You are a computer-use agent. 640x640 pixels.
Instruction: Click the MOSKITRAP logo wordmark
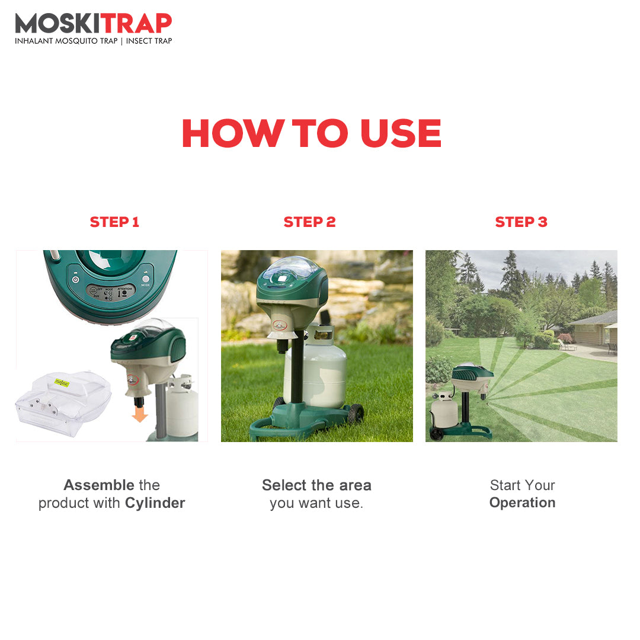coord(94,23)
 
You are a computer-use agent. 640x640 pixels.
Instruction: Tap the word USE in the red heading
coord(401,133)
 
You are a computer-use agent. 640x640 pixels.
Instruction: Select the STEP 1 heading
coord(114,222)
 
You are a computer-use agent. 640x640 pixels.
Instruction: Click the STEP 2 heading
coord(309,222)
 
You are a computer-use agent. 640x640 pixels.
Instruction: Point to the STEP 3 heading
coord(521,222)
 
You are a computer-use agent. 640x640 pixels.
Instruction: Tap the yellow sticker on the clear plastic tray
coord(62,383)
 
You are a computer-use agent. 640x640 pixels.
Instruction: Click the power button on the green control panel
coord(75,280)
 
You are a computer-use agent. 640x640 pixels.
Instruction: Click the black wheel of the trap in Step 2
coord(356,413)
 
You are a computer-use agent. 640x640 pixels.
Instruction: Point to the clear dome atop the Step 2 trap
coord(290,267)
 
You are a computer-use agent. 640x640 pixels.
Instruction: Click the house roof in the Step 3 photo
coord(594,318)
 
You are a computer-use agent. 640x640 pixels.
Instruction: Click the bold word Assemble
coord(99,485)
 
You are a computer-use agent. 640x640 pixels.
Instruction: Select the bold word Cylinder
coord(155,503)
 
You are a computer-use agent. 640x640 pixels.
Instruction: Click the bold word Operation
coord(523,503)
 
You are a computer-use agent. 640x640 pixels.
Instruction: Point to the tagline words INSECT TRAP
coord(149,41)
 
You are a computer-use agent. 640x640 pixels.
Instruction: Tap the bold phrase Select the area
coord(316,485)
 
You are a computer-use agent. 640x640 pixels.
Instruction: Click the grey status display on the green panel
coord(110,293)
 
